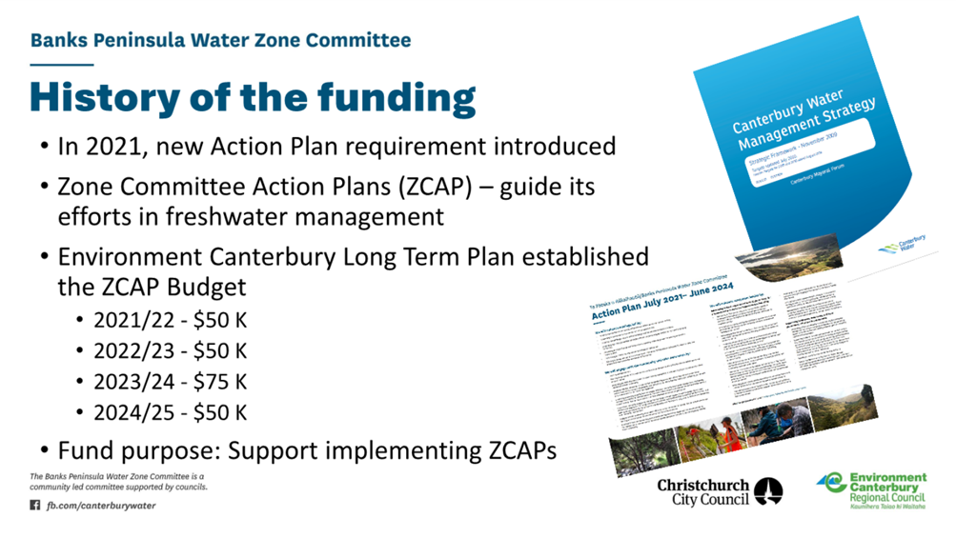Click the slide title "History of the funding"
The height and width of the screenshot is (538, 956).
253,99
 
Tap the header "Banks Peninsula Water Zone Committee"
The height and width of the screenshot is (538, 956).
221,40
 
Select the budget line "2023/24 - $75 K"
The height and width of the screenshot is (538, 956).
170,382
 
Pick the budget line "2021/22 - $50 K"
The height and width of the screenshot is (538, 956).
170,320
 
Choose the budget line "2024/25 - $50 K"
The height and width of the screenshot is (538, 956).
170,412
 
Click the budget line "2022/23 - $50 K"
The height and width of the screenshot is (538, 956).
170,350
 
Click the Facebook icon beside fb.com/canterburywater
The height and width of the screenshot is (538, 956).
35,506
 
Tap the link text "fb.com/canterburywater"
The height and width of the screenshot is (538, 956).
101,506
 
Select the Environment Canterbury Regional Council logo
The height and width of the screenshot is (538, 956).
871,491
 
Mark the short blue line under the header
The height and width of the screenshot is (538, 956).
61,65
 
